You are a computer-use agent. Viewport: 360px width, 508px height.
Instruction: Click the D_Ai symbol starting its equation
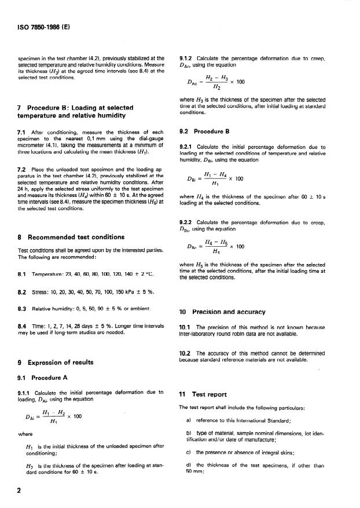coord(27,416)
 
